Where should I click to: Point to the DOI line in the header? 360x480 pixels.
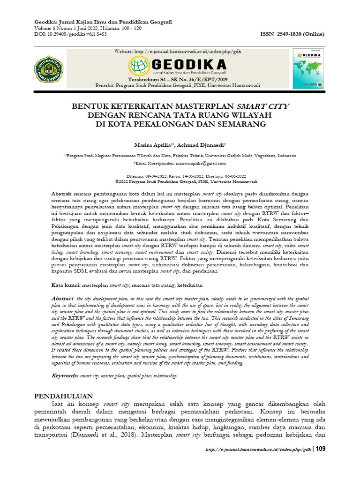(x=71, y=34)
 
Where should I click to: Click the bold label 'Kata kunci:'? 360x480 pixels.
(x=66, y=285)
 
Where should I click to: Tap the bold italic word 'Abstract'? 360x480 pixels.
(x=62, y=299)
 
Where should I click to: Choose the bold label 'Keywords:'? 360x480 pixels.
(x=65, y=376)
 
